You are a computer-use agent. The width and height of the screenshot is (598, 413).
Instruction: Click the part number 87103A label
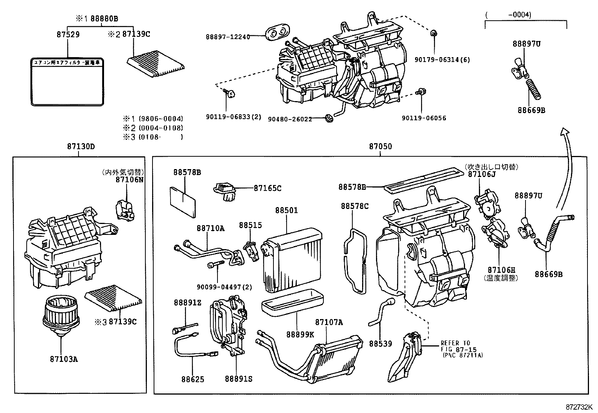63,359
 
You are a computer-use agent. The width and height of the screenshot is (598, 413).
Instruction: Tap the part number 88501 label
286,210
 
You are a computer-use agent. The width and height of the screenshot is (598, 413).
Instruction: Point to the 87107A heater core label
329,322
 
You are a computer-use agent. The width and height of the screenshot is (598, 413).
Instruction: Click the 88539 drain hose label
380,343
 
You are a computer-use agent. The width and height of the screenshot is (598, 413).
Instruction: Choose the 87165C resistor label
267,188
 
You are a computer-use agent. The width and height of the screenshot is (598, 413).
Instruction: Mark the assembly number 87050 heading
380,147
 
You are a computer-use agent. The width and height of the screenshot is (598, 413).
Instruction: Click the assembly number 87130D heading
81,147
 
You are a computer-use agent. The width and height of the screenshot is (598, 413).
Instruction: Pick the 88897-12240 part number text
228,37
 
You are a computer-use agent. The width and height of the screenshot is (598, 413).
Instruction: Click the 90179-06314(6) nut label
442,60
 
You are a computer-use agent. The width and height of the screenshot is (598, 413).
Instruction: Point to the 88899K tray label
300,334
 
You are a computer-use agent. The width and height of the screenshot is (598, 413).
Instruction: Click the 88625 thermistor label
193,379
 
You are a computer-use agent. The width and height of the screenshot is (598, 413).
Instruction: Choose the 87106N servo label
129,180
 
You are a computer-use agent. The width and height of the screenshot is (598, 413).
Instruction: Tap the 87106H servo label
501,270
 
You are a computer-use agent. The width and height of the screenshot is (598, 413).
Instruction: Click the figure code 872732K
579,407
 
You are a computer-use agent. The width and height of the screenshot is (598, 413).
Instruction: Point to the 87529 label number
68,34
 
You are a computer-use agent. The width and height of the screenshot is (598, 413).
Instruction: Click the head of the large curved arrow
563,131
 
